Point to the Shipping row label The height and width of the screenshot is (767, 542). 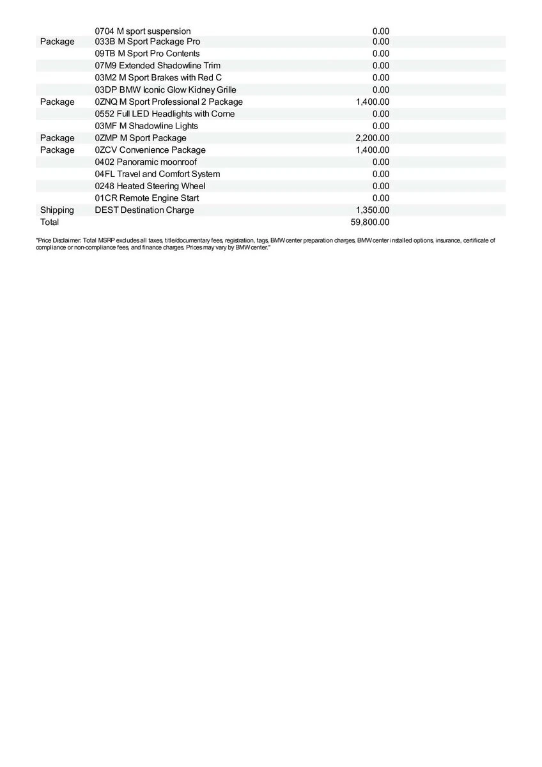click(57, 210)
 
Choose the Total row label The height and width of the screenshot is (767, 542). click(49, 222)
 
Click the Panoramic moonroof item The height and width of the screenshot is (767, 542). click(146, 162)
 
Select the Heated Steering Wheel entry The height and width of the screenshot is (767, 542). click(150, 186)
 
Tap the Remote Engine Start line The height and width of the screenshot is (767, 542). click(146, 198)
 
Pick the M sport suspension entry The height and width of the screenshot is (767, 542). click(143, 31)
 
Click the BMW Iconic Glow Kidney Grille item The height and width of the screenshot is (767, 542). click(166, 90)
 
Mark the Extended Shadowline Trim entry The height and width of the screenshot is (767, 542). click(158, 66)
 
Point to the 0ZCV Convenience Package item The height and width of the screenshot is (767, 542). click(150, 150)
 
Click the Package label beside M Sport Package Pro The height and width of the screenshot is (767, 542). click(57, 42)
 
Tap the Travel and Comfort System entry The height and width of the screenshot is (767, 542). click(157, 174)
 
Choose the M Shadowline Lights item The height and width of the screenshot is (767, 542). click(146, 126)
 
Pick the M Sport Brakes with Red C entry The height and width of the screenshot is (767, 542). click(159, 78)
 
